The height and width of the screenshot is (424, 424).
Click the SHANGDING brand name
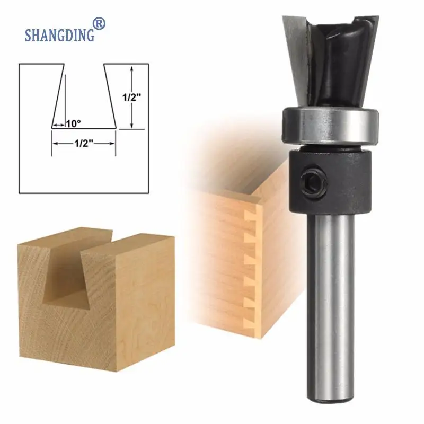point(60,35)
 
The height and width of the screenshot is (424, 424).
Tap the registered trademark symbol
point(99,23)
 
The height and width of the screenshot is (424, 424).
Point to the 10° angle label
point(73,124)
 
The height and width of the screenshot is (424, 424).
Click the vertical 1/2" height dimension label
point(132,98)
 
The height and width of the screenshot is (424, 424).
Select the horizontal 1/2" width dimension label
point(84,143)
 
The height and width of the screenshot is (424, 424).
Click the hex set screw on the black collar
point(313,179)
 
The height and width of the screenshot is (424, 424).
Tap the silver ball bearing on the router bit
point(330,125)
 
